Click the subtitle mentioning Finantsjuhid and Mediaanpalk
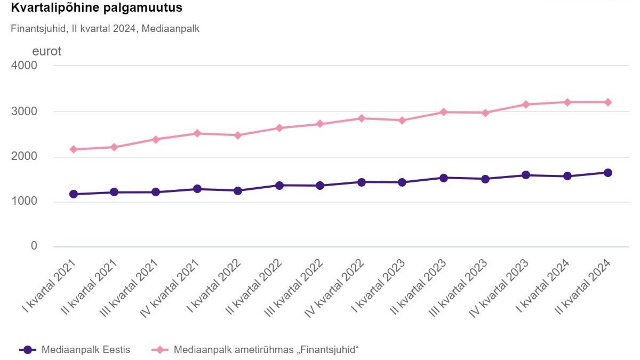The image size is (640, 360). [105, 29]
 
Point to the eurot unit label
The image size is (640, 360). [47, 52]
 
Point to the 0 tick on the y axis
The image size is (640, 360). [34, 246]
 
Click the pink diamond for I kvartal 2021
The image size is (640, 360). [74, 149]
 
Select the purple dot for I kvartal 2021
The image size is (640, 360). [74, 194]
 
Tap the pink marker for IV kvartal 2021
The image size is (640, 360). [197, 133]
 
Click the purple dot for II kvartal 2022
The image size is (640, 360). [279, 186]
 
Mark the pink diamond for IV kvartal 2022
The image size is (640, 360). [362, 118]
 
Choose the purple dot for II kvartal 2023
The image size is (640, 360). [444, 178]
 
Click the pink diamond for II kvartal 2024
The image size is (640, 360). [608, 102]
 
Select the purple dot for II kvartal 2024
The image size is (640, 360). [608, 173]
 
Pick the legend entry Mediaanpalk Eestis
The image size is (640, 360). [75, 350]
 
